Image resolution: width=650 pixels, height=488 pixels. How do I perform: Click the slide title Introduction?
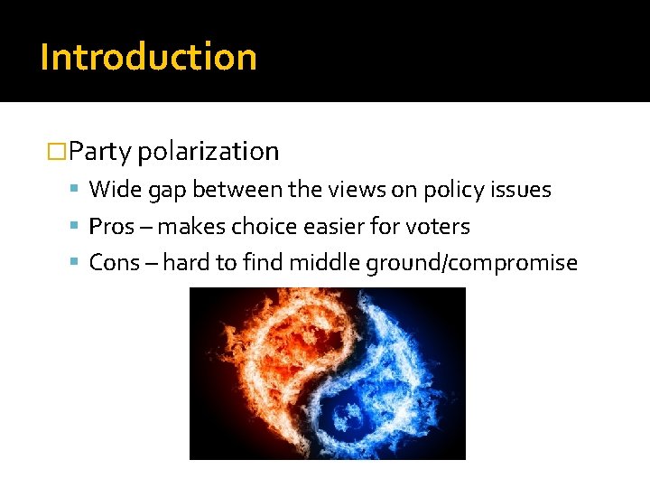pos(149,57)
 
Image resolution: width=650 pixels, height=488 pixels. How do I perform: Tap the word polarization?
pos(209,151)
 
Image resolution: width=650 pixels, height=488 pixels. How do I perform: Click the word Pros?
pos(112,227)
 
